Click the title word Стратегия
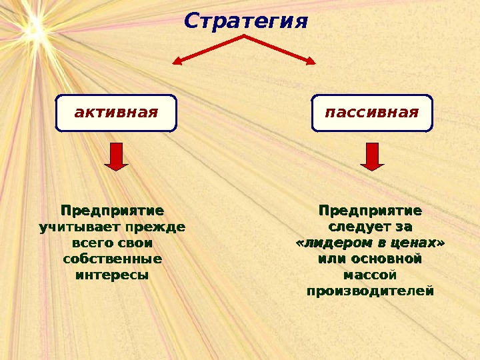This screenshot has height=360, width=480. coord(246,21)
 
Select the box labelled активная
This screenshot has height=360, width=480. coord(116,113)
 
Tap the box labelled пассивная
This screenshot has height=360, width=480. coord(372,113)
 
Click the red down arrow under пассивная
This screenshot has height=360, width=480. coord(372,156)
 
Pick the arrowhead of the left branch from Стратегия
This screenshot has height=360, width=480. coord(177,62)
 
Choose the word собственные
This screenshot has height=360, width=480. coord(112,259)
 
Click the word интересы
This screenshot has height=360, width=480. coord(112,274)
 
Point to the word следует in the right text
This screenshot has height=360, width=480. coord(355,227)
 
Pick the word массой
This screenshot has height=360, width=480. coord(369,274)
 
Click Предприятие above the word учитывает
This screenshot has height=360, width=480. coord(112,211)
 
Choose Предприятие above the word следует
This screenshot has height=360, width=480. coord(370,211)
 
